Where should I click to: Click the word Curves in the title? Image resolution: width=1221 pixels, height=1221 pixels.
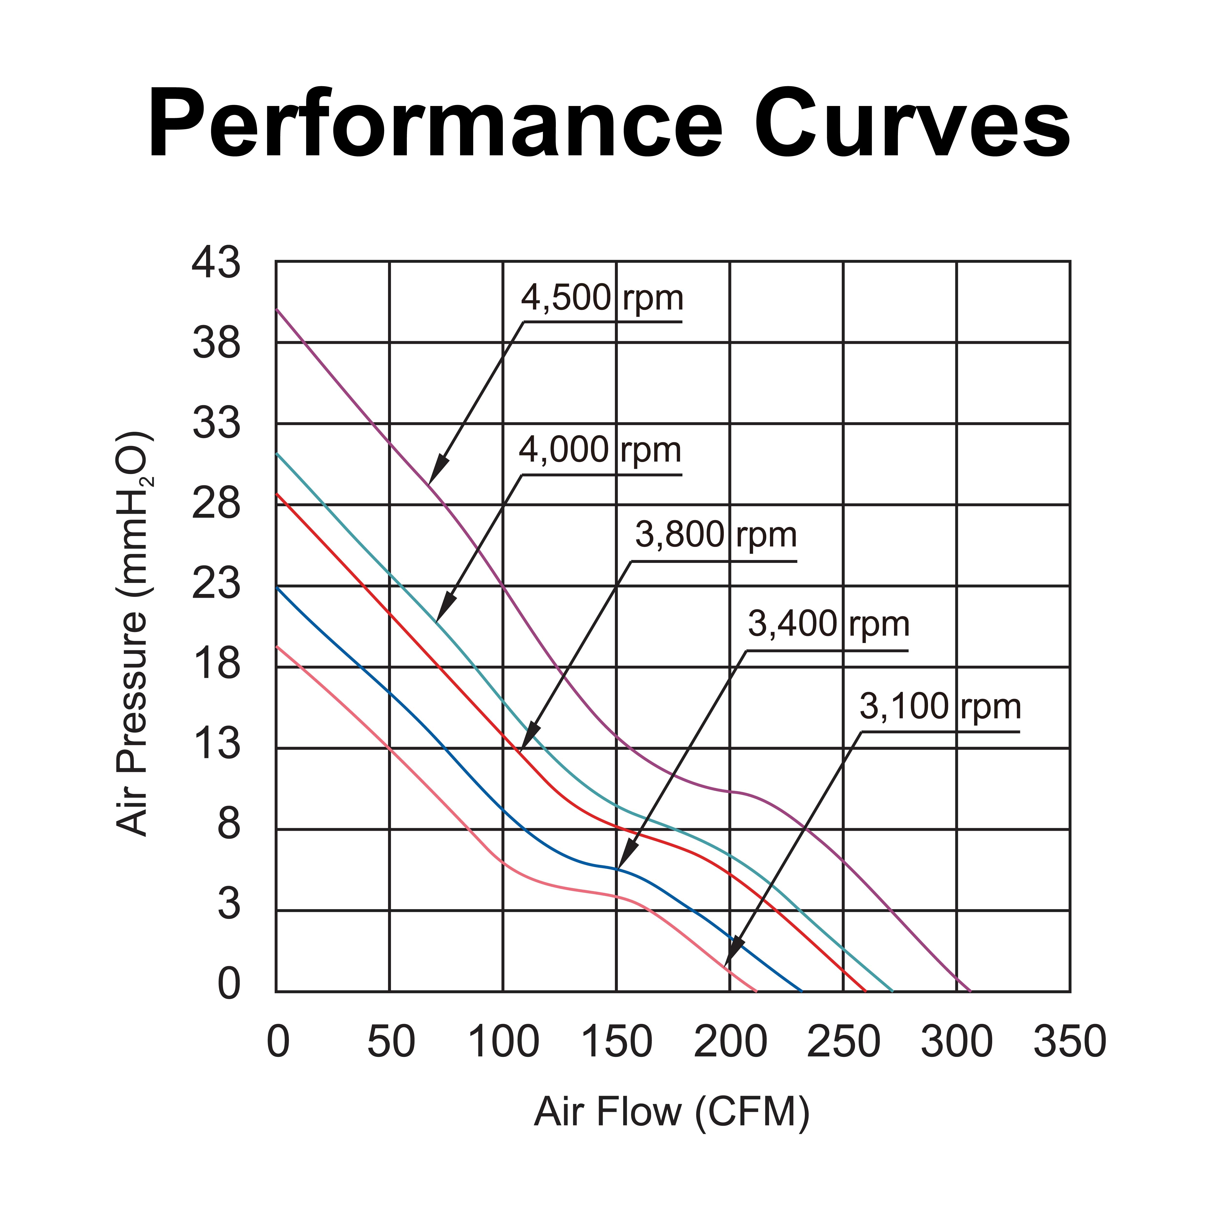pyautogui.click(x=912, y=125)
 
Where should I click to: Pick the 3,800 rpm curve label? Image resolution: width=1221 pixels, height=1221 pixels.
pyautogui.click(x=716, y=535)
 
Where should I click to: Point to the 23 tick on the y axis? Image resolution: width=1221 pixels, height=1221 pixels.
pyautogui.click(x=216, y=585)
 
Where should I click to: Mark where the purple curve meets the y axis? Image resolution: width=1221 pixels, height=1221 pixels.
pyautogui.click(x=276, y=310)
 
